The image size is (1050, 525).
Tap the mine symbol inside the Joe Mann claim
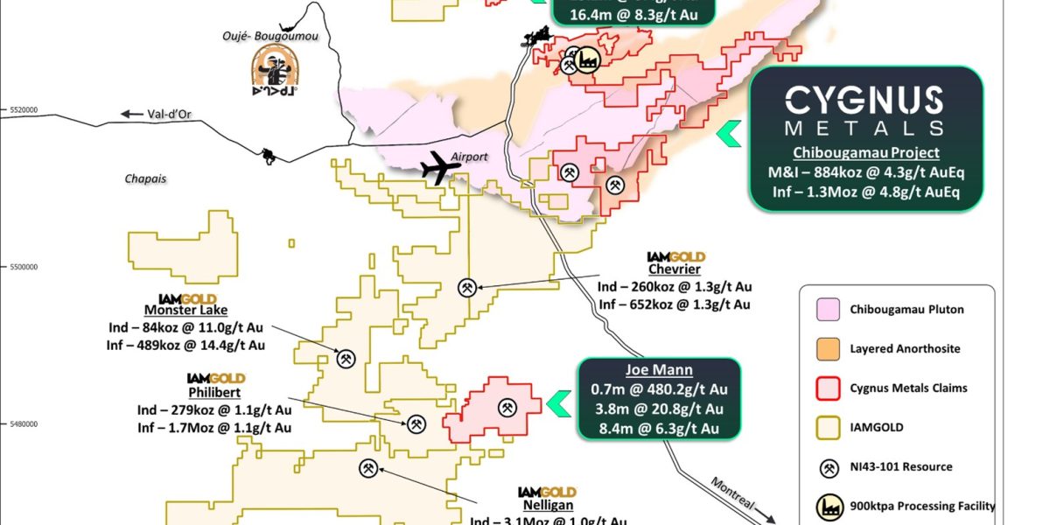coord(507,407)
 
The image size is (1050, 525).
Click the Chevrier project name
coord(675,269)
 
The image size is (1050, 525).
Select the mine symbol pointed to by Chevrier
coord(468,287)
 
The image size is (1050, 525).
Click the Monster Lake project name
coord(185,310)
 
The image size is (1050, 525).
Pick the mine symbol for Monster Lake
coord(346,357)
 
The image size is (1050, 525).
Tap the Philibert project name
coord(214,392)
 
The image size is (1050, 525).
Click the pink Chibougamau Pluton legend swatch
coord(825,310)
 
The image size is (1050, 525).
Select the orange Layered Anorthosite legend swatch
coord(825,348)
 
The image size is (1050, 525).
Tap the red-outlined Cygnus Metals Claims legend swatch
coord(825,388)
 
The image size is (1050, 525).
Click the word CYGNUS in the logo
coord(863,101)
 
